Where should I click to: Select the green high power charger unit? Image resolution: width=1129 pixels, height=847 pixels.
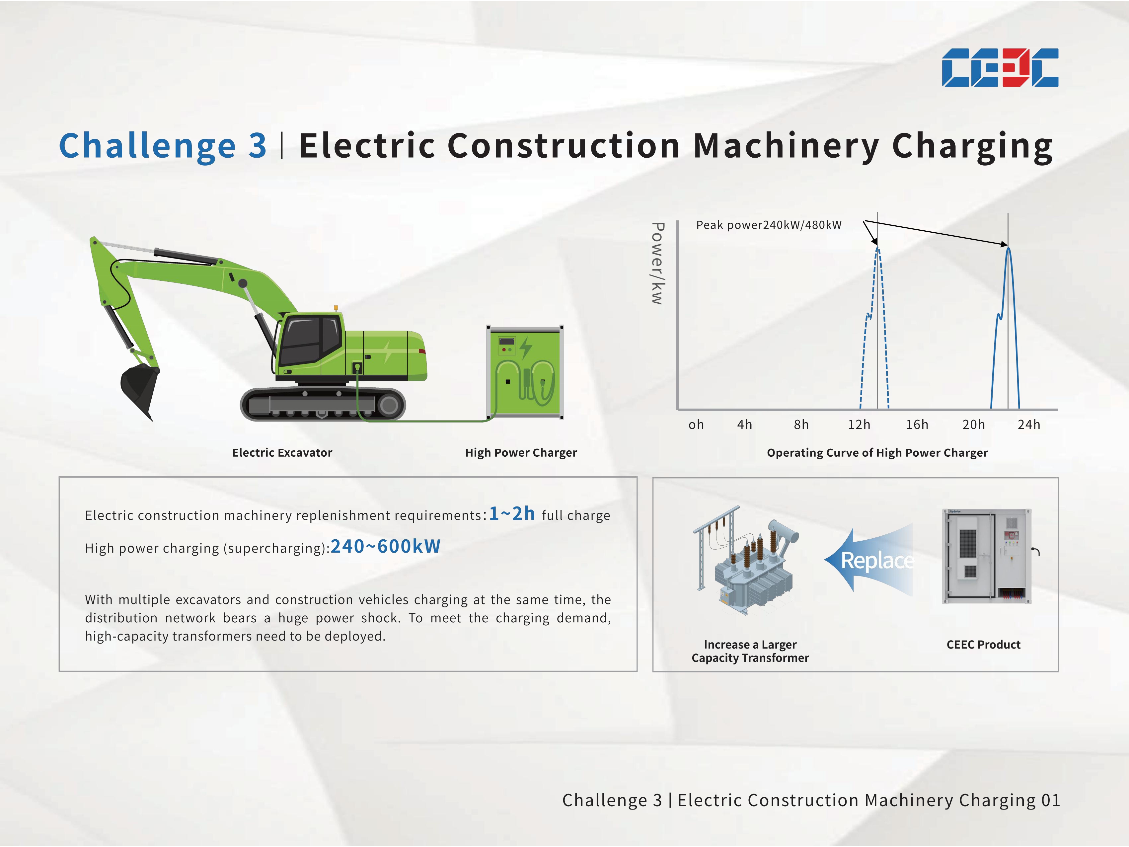point(525,372)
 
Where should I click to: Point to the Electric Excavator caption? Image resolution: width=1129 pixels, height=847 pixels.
point(282,453)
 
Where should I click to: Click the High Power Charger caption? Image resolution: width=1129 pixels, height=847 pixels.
point(521,453)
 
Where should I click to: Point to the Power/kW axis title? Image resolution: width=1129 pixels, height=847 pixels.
point(657,264)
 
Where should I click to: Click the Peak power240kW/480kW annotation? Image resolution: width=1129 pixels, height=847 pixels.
point(769,225)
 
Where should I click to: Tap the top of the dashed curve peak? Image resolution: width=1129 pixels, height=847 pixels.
point(877,248)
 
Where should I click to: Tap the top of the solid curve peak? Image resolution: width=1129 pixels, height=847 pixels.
point(1008,248)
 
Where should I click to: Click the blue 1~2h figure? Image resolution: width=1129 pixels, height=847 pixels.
point(512,514)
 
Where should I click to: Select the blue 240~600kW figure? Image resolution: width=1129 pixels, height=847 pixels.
point(385,547)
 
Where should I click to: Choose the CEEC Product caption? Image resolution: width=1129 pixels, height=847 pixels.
point(984,645)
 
